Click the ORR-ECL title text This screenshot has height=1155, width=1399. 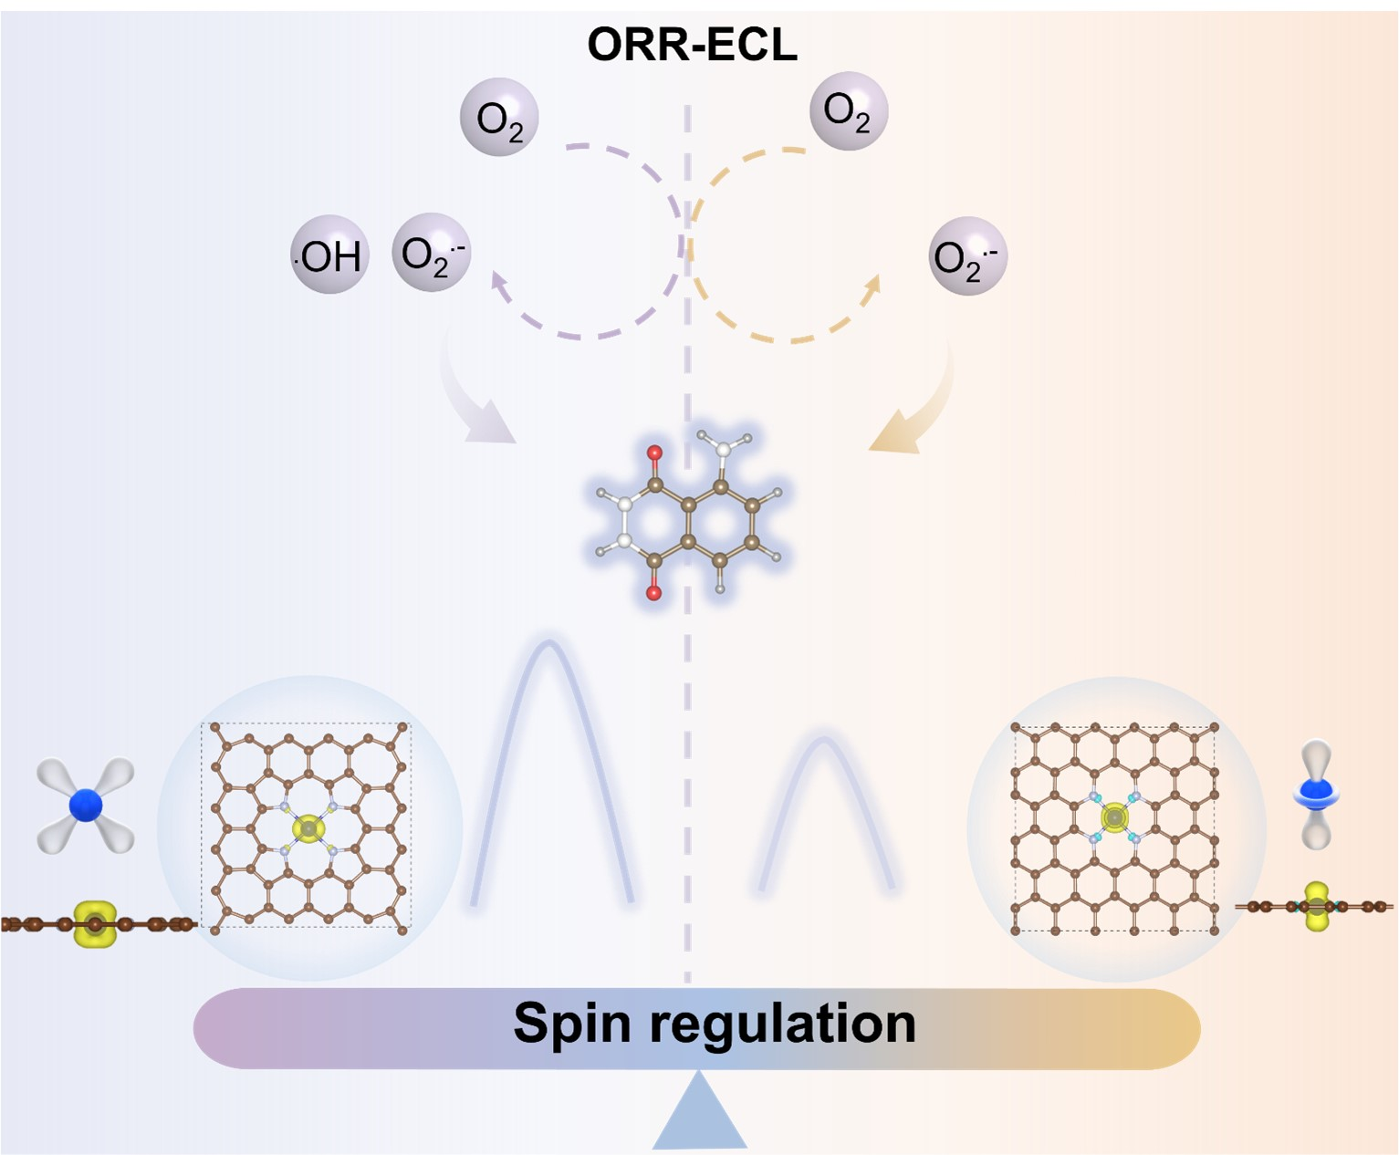[x=692, y=44]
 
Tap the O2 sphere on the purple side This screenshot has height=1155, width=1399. [x=499, y=118]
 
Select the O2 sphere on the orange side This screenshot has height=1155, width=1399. [x=848, y=111]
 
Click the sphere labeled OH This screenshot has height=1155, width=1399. [x=329, y=255]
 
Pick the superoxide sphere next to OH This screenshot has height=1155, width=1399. [x=431, y=254]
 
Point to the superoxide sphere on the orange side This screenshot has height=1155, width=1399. [x=967, y=256]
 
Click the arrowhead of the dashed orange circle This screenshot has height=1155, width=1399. [x=872, y=285]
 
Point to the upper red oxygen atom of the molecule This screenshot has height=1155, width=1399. [x=654, y=453]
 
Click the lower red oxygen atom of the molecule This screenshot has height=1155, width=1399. [x=653, y=593]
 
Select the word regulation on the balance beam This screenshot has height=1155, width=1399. [x=782, y=1025]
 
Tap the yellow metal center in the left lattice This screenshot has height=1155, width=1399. [x=308, y=828]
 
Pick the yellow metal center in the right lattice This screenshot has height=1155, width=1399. [x=1113, y=817]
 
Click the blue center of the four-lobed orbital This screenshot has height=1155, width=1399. [x=86, y=805]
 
